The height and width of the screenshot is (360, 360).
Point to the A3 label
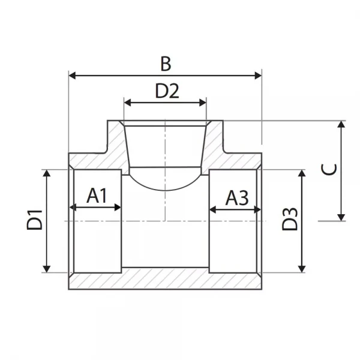[236, 197]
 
